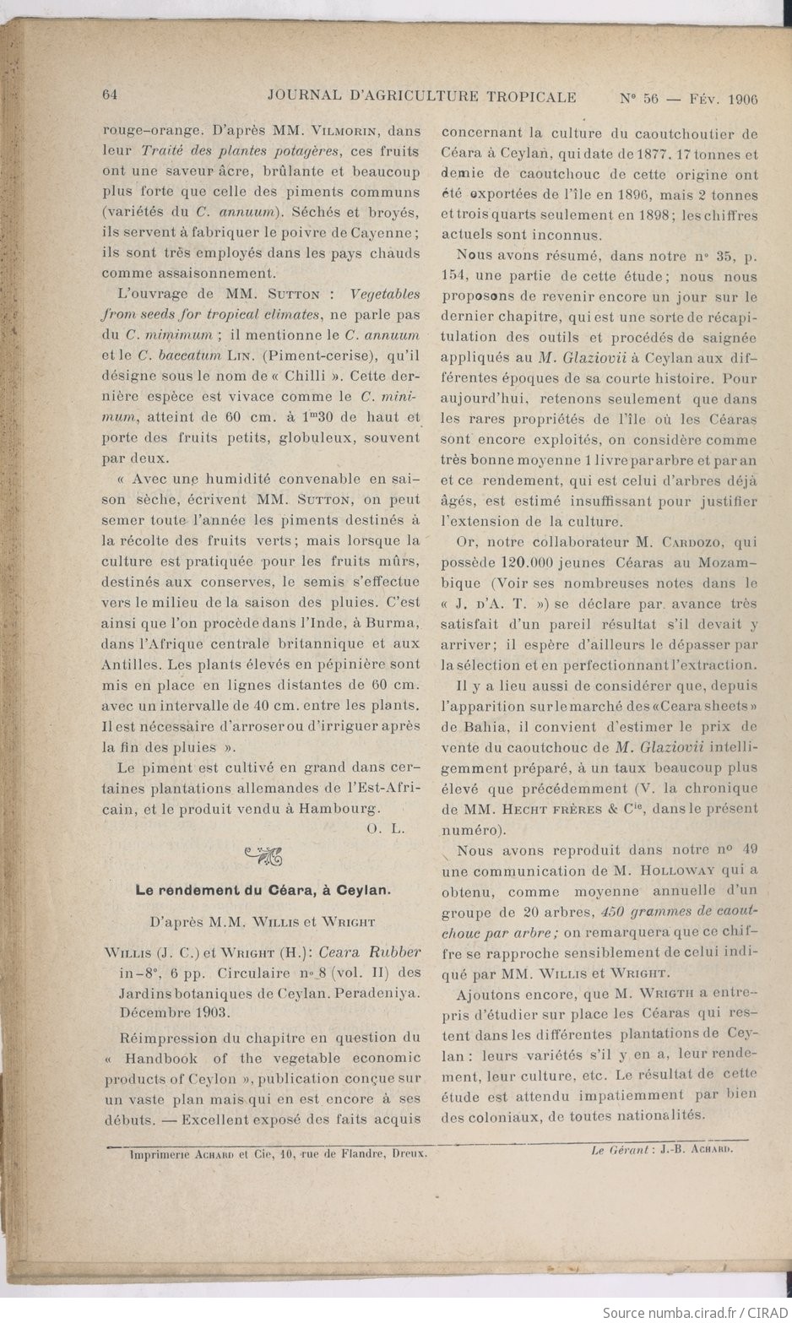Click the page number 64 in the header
110,95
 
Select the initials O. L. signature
387,829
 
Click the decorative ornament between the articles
263,857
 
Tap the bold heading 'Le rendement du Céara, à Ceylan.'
263,889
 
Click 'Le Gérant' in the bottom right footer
619,1149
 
